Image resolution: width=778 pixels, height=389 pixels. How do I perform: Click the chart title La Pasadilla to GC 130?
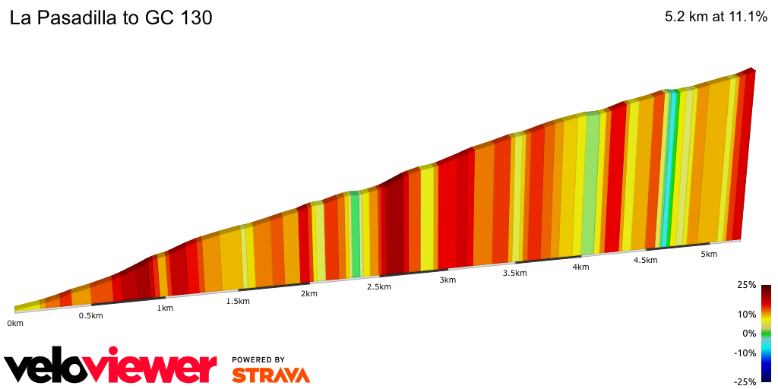[111, 18]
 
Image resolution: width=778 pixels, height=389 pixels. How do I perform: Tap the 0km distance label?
[15, 323]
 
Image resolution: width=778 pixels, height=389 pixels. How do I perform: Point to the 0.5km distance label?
[90, 316]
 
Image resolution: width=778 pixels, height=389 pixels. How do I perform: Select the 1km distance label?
[165, 308]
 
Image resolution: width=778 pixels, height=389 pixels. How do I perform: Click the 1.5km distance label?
[238, 301]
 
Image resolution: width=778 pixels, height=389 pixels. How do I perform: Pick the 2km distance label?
[309, 293]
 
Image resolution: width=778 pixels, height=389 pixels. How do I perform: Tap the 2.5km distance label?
[378, 286]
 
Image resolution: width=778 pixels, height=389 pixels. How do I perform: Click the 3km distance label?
[448, 280]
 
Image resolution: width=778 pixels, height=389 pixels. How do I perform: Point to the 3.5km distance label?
[514, 273]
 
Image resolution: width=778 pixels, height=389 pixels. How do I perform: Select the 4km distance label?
[581, 267]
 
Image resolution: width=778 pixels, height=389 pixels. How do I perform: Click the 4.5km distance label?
[645, 260]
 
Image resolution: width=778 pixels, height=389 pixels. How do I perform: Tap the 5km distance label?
[709, 254]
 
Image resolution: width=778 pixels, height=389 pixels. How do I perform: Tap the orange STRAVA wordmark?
[270, 375]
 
